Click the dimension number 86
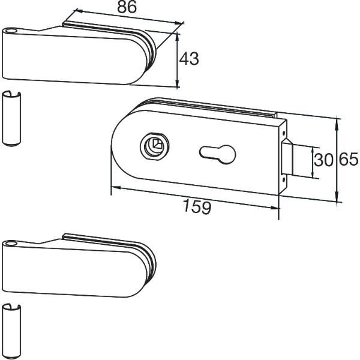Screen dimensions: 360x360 click(127, 7)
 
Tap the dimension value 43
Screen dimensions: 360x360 click(189, 59)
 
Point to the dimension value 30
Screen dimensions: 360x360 click(323, 160)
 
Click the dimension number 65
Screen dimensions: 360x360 click(349, 159)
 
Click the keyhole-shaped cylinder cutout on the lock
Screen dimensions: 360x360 click(218, 154)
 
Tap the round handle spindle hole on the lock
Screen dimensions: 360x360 click(155, 146)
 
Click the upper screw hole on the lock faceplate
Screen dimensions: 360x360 click(284, 133)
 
